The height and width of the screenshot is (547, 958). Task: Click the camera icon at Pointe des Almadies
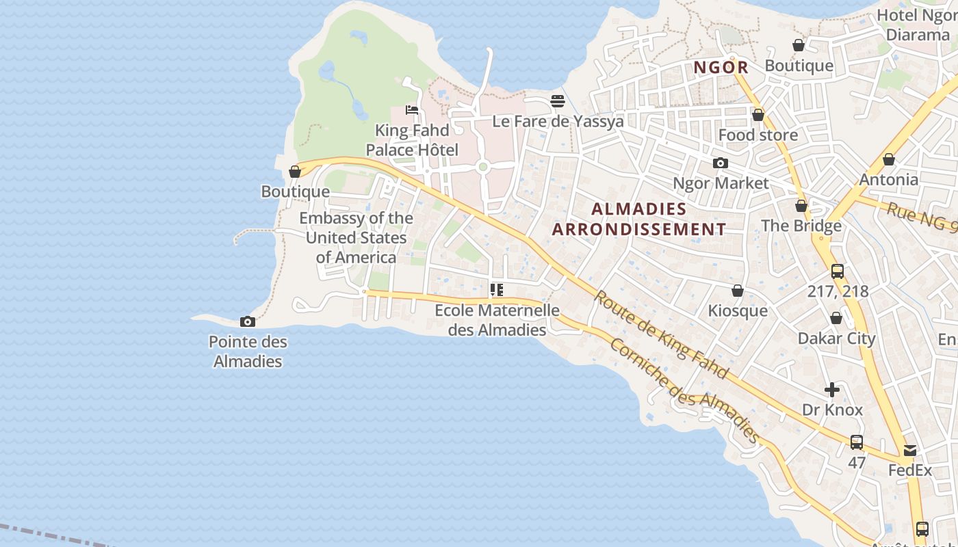coord(248,321)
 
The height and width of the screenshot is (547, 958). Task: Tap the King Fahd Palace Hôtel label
coord(412,140)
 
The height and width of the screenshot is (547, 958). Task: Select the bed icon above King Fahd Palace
coord(412,109)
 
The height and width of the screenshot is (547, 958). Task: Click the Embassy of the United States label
coord(356,237)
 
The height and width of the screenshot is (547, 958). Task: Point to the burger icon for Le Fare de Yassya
coord(558,101)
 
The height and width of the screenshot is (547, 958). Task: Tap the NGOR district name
coord(721,68)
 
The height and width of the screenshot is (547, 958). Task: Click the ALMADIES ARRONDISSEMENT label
coord(639,219)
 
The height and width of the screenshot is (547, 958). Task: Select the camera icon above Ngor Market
coord(720,163)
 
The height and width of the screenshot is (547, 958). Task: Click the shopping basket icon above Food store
coord(758,115)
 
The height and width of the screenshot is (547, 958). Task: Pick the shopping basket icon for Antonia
coord(888,159)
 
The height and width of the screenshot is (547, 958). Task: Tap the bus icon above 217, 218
coord(838,271)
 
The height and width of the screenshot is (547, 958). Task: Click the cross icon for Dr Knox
coord(832,390)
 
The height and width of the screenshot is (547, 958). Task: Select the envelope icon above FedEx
coord(910,451)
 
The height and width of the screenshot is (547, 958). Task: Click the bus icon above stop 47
coord(857,442)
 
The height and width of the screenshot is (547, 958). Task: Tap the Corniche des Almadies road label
coord(684,390)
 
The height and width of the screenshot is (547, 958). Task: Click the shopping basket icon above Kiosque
coord(737,291)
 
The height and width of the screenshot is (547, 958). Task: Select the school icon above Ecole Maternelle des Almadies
coord(497,290)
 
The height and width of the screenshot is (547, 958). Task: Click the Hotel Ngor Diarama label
coord(917,25)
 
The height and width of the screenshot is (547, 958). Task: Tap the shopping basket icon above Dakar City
coord(836,318)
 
